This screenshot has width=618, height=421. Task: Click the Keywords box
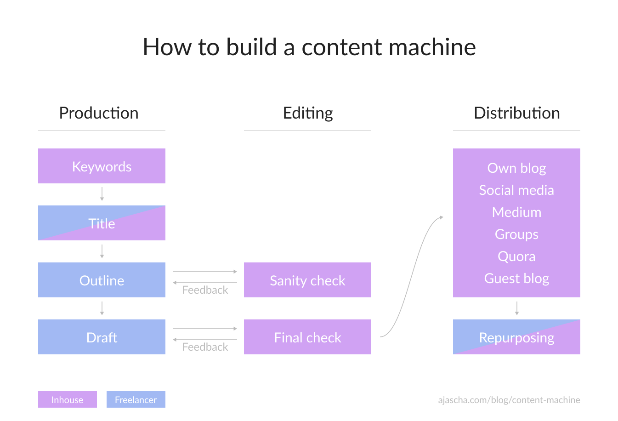tap(102, 166)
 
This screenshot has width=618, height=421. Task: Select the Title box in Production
tap(102, 223)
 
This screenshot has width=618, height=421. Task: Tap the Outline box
tap(102, 280)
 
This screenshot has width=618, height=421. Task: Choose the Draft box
tap(102, 337)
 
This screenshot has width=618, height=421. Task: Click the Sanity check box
tap(307, 280)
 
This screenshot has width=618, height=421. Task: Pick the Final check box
tap(307, 337)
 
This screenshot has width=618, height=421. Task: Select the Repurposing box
tap(516, 337)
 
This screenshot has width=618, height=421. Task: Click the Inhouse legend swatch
tap(68, 399)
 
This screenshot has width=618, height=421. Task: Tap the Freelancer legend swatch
tap(136, 399)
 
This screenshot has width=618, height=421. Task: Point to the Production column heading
tap(99, 113)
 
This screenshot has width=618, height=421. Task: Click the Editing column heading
tap(308, 113)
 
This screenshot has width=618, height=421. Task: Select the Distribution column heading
tap(516, 113)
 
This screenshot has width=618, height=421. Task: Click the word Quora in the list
tap(516, 256)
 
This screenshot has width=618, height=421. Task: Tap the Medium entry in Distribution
tap(516, 212)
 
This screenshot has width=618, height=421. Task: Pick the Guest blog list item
tap(516, 279)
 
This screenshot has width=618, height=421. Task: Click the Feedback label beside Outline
tap(205, 290)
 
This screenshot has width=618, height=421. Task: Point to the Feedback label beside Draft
tap(205, 347)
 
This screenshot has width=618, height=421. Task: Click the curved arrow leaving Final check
tap(412, 276)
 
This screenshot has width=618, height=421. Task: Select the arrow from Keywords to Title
tap(102, 194)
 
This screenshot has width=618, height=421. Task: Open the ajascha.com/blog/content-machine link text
tap(509, 400)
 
